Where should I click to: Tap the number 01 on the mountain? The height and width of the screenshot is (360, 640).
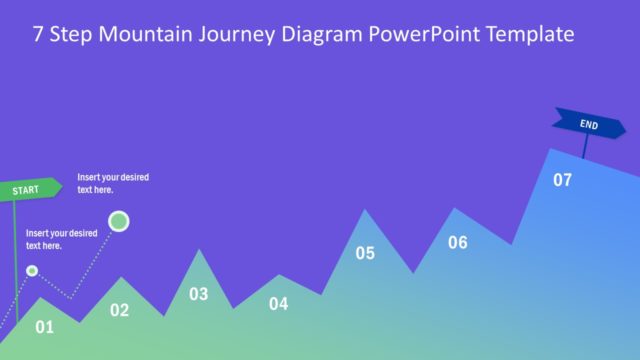pyautogui.click(x=45, y=326)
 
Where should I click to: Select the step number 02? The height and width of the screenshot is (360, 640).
pyautogui.click(x=119, y=310)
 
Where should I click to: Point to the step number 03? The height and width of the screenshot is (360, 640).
pyautogui.click(x=199, y=294)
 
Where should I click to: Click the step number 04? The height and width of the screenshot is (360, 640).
pyautogui.click(x=278, y=304)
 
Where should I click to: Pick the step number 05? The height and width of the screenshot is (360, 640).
pyautogui.click(x=365, y=253)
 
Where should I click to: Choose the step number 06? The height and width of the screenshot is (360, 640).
pyautogui.click(x=457, y=242)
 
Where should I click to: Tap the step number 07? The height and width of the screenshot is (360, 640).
pyautogui.click(x=562, y=180)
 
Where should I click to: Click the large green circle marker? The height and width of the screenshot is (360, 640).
pyautogui.click(x=119, y=221)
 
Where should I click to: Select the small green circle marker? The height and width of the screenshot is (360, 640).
pyautogui.click(x=32, y=271)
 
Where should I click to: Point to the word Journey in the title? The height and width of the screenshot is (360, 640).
pyautogui.click(x=240, y=35)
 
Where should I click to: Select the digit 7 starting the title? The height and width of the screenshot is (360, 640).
pyautogui.click(x=38, y=35)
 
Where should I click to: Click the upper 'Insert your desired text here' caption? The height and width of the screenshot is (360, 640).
pyautogui.click(x=113, y=183)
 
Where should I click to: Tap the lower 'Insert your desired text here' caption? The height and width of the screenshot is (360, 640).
pyautogui.click(x=61, y=239)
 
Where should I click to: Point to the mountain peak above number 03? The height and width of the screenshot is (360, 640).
pyautogui.click(x=200, y=251)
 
